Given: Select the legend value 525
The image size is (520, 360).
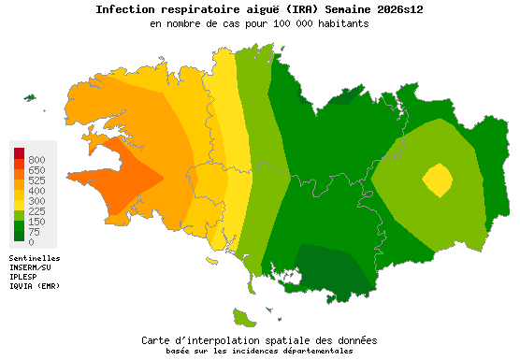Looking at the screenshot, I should (36, 180).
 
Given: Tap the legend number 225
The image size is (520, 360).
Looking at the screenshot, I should (36, 211).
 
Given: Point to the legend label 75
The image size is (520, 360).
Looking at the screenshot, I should (34, 232).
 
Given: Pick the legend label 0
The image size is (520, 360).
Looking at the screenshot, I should (31, 242).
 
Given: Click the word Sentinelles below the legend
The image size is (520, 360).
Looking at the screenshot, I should (35, 257).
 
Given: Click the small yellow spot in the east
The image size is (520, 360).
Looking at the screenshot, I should (437, 179).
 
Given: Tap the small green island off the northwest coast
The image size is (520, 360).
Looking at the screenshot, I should (30, 97).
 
